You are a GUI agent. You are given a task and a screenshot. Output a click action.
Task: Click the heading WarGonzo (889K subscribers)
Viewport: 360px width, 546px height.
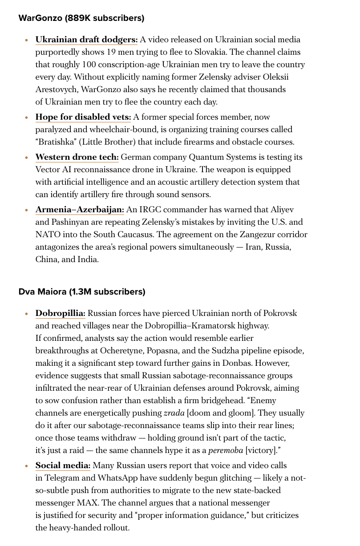pos(81,18)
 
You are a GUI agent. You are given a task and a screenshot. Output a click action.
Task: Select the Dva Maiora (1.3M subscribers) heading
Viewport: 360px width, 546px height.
pos(82,292)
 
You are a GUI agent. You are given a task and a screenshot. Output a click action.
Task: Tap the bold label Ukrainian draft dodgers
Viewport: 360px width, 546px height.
pos(86,40)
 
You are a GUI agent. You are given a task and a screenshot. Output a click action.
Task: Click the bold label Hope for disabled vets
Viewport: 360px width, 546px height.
pos(83,117)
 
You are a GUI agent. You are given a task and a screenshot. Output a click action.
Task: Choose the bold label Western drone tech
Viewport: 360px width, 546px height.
pos(77,157)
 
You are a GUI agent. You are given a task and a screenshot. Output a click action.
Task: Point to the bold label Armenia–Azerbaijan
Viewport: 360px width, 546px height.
pos(80,210)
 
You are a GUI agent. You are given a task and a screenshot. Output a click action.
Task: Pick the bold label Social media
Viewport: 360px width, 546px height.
pos(63,465)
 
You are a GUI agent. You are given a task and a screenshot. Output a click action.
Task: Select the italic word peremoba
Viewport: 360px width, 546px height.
pos(226,450)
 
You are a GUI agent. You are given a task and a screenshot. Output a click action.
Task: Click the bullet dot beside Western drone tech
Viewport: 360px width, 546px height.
pos(27,158)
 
